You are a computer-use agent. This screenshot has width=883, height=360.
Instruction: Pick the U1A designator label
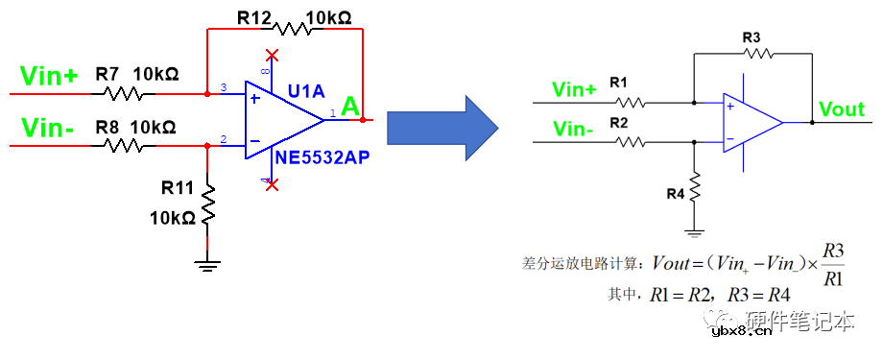pos(306,91)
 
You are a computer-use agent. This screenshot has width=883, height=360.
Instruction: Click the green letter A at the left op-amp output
pos(351,107)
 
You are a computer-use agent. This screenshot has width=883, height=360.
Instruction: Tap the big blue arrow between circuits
pos(441,121)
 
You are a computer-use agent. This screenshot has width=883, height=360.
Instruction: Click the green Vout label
pos(842,108)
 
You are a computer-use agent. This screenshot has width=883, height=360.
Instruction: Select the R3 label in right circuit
pos(752,36)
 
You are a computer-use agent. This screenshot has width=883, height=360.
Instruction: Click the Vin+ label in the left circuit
pos(49,78)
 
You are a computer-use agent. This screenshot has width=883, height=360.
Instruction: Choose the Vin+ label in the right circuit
pos(574,89)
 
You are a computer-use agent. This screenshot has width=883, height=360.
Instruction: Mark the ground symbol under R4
pos(694,230)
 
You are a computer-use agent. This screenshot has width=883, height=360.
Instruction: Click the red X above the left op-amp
pos(274,56)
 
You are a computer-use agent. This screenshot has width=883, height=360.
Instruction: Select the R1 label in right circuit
pos(618,83)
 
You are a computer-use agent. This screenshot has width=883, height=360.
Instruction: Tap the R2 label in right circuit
pos(618,122)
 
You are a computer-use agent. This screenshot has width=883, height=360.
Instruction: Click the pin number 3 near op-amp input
pos(224,89)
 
